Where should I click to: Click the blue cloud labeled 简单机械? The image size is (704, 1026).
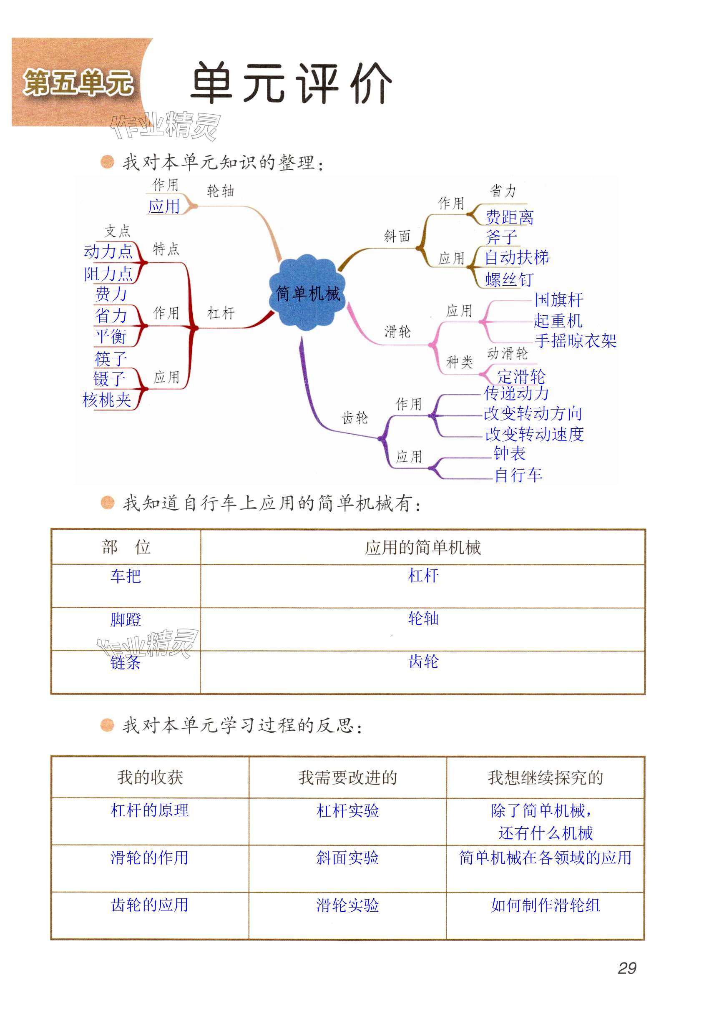pos(308,293)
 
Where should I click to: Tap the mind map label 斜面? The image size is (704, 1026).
pos(397,236)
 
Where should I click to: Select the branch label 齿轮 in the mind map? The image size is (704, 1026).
pos(355,417)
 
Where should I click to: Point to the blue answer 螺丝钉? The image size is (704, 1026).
pos(509,279)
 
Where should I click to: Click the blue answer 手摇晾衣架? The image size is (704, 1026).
pos(575,340)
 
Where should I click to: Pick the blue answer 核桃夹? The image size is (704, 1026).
pos(107,400)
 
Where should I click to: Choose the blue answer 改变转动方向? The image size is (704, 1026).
pos(533,413)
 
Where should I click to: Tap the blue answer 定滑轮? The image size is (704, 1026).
pos(521,377)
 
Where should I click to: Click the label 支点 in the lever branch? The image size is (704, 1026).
pos(118,231)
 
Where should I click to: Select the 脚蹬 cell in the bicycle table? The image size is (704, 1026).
pos(126,619)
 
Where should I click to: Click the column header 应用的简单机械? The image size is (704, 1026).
pos(423,548)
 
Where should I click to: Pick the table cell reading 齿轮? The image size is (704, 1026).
pos(423,661)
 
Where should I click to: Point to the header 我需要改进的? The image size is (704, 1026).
pos(348,777)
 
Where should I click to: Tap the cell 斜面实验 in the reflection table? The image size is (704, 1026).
pos(348,858)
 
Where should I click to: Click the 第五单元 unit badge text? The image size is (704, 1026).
pos(78,83)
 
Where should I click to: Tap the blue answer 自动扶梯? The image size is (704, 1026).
pos(517,257)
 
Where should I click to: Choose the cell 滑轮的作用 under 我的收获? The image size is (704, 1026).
pos(150,858)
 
